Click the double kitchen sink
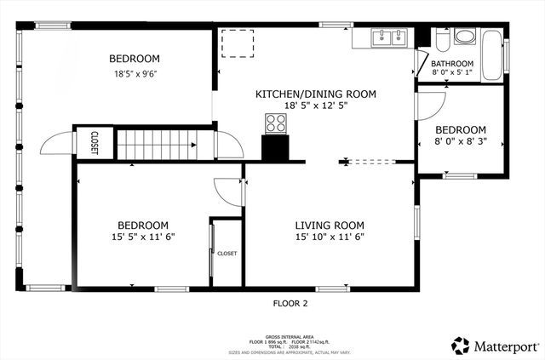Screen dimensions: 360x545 click(x=389, y=37)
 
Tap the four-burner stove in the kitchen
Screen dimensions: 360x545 click(x=276, y=124)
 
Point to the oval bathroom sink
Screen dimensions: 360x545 click(x=465, y=37)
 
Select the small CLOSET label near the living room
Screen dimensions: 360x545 click(x=227, y=254)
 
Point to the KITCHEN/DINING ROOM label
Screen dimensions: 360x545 click(x=316, y=94)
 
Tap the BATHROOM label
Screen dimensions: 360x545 click(x=451, y=64)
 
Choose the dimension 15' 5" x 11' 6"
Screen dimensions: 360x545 click(x=142, y=237)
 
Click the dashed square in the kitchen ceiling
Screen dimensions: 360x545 click(x=237, y=42)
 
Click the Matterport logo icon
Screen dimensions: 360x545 click(x=461, y=346)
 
